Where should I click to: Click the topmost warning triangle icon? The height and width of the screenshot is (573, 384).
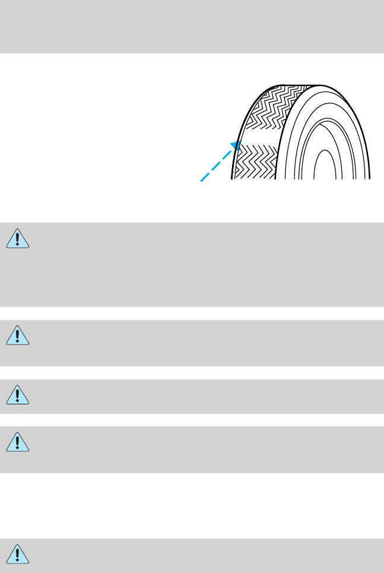click(x=18, y=238)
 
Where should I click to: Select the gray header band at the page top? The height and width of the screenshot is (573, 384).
click(x=192, y=27)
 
